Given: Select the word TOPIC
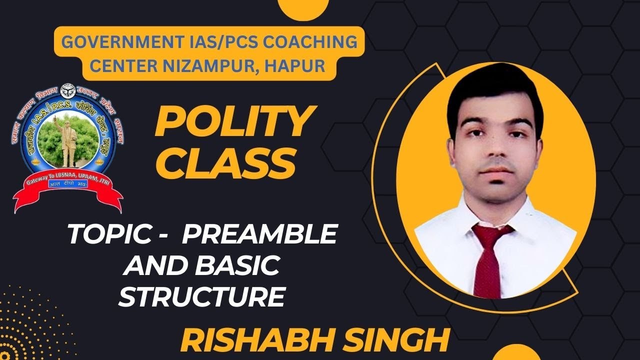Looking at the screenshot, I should [x=104, y=234].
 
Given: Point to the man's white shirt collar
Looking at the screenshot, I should [x=462, y=220].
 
